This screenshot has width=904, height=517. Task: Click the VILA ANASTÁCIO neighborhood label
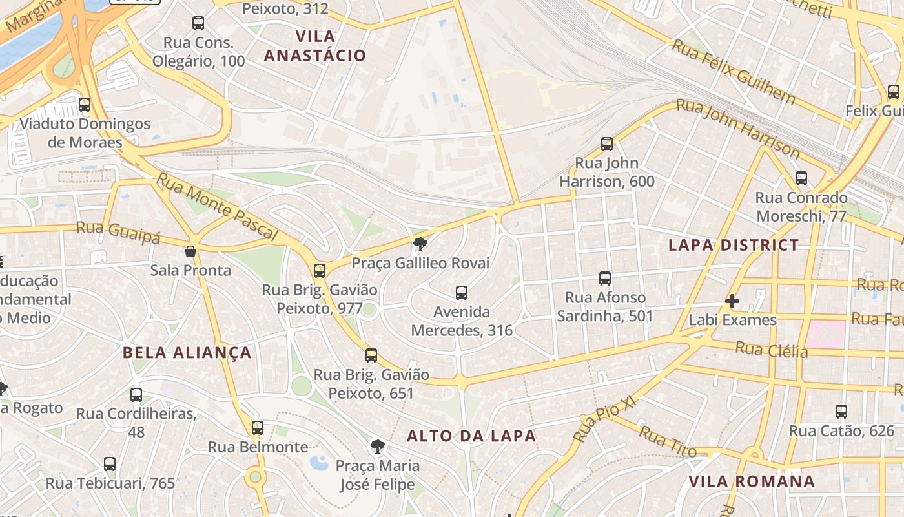click(x=315, y=45)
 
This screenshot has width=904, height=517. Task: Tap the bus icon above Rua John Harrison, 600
click(x=606, y=144)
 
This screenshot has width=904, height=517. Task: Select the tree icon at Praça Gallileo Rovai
click(x=420, y=244)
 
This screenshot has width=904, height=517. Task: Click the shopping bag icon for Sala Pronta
click(x=190, y=251)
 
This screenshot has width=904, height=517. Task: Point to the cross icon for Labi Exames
click(x=732, y=301)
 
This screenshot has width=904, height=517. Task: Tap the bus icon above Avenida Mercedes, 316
click(x=461, y=293)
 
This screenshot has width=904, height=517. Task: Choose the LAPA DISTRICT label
click(x=734, y=245)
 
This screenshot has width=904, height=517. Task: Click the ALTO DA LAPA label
click(x=471, y=436)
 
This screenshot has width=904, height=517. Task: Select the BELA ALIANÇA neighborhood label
click(x=187, y=353)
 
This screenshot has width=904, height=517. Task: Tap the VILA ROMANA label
click(x=752, y=481)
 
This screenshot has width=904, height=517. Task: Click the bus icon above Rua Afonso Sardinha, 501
click(x=604, y=279)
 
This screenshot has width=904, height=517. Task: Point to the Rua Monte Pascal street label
click(x=218, y=207)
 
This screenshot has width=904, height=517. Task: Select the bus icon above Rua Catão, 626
click(x=841, y=412)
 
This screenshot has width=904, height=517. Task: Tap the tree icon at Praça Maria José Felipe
click(x=377, y=446)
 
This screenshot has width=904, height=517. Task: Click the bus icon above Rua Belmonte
click(x=257, y=428)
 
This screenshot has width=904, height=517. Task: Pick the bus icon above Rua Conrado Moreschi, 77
click(x=801, y=178)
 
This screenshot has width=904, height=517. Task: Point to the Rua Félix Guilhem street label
click(x=734, y=71)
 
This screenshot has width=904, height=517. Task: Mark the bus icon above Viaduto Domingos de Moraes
click(x=85, y=105)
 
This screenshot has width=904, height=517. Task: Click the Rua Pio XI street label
click(x=604, y=420)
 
